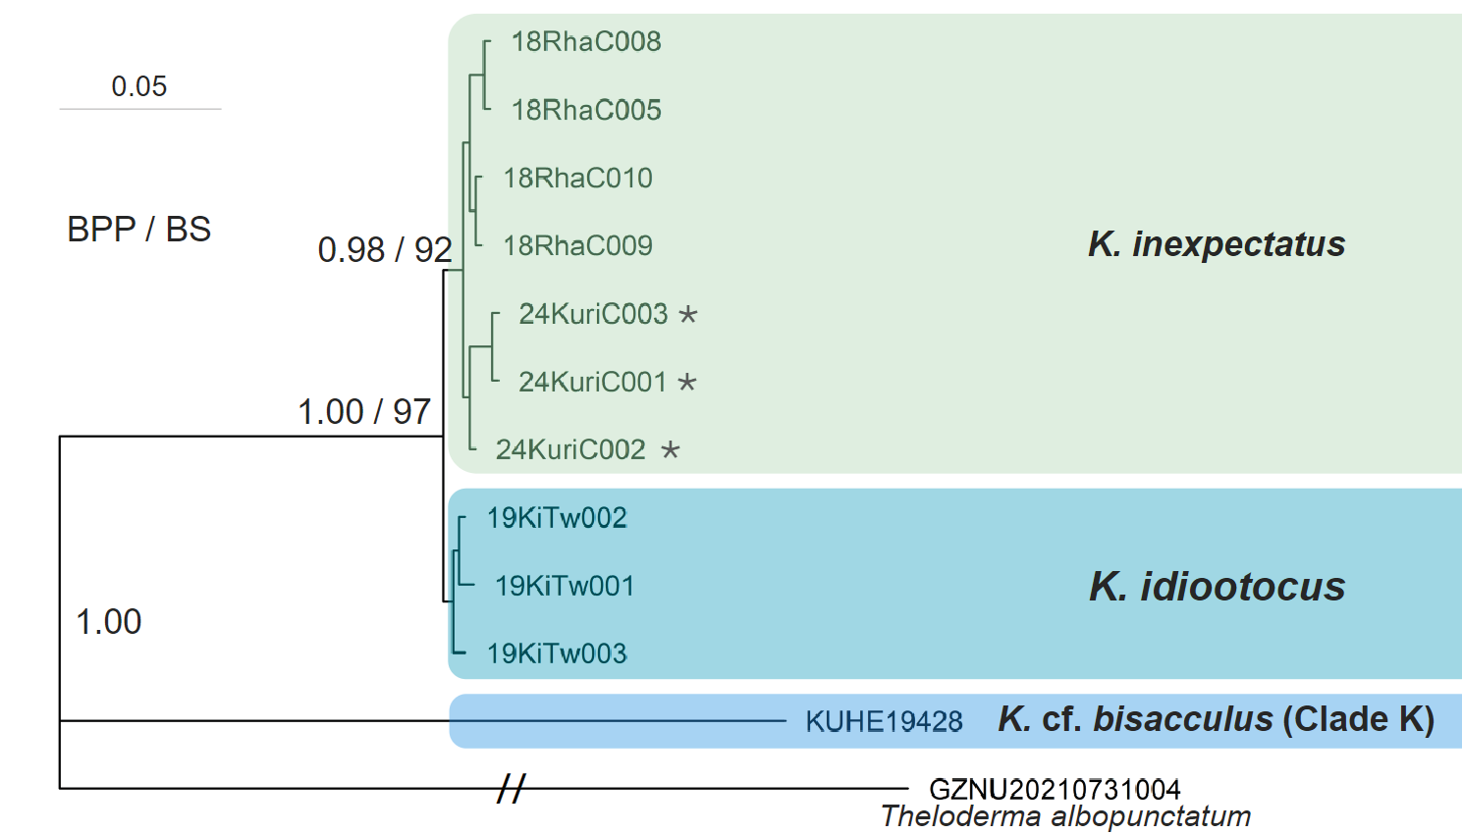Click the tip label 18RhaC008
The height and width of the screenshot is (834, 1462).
click(586, 42)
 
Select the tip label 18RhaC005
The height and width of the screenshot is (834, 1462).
click(586, 110)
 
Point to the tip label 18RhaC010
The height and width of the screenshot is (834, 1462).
click(577, 178)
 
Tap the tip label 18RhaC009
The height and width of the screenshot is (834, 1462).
click(577, 246)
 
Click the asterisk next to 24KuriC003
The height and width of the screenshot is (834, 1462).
click(688, 314)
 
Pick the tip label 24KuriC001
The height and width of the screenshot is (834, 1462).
click(593, 382)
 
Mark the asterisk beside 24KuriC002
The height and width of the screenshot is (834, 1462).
click(671, 449)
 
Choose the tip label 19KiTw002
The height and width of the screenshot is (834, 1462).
click(557, 518)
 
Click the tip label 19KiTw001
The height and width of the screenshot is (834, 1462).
click(565, 586)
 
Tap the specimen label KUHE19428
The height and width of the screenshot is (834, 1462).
click(884, 722)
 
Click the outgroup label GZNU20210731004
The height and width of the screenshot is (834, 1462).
click(1055, 790)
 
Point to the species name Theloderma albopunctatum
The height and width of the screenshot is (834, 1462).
click(1065, 816)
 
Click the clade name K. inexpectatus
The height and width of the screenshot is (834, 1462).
click(1217, 244)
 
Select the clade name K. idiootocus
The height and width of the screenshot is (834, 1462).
click(1218, 586)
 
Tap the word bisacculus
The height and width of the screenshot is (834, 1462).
click(1182, 719)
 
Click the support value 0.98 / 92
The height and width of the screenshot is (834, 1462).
click(385, 250)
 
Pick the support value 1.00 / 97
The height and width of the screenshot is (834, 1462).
click(364, 412)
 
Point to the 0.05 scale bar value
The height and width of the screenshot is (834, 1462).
click(139, 86)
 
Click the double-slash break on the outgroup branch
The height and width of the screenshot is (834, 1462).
click(511, 788)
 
